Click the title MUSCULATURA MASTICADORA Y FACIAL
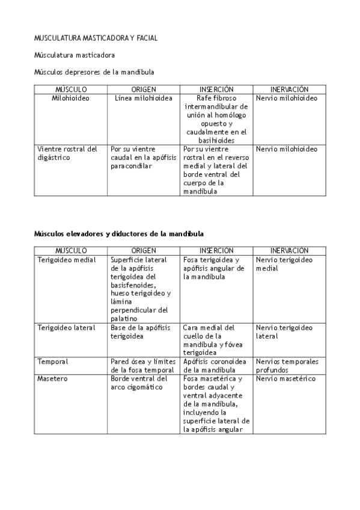96,38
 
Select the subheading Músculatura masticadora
74,55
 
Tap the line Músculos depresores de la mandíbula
94,72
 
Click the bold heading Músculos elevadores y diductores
118,233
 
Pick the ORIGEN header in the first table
143,89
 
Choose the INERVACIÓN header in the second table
289,250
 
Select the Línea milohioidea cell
143,97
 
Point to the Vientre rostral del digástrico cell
67,153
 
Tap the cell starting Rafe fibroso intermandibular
216,118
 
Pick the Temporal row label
53,361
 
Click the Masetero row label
53,379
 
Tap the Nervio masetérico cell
285,379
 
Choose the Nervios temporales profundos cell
287,366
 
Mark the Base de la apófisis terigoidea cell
141,332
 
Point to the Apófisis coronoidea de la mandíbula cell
215,366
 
